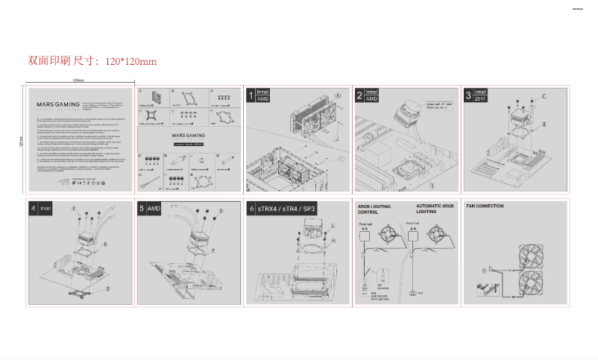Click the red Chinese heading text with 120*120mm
pos(92,60)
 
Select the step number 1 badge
pos(251,95)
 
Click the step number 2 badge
pos(359,95)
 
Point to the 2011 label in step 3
pos(479,98)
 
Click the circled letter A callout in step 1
pos(338,95)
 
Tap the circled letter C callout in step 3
pos(544,96)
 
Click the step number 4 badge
pos(33,209)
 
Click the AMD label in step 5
pos(154,209)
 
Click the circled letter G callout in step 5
pos(221,212)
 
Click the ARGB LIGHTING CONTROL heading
pos(373,208)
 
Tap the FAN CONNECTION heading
pos(485,206)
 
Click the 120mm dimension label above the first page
pos(78,80)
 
